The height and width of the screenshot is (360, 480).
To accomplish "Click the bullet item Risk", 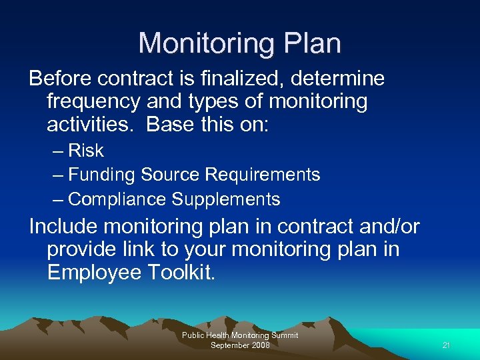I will tap(86, 151).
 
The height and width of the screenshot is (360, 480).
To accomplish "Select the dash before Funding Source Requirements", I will tap(57, 175).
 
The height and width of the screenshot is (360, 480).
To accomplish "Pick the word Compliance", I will tap(117, 199).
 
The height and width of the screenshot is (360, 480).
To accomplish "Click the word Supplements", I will tap(226, 199).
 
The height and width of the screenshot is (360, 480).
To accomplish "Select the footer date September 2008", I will tap(239, 345).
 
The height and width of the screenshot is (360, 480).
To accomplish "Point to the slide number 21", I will tap(447, 345).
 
